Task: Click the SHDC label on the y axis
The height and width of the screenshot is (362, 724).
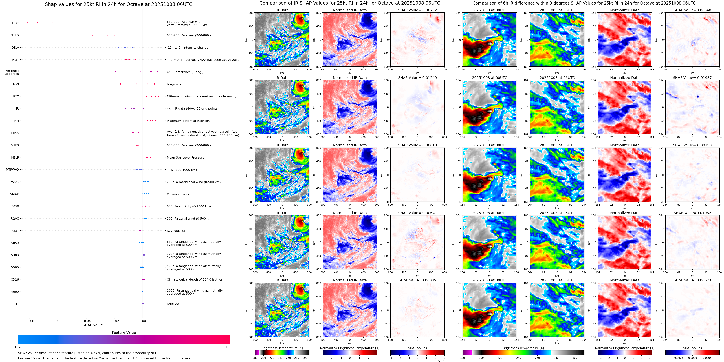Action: (x=15, y=23)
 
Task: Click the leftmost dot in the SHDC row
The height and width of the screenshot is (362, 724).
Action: (x=27, y=23)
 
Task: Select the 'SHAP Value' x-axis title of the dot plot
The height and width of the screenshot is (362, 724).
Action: (x=93, y=325)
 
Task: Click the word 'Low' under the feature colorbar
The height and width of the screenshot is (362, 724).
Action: (x=18, y=347)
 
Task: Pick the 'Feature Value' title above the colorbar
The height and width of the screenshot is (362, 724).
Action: (x=124, y=332)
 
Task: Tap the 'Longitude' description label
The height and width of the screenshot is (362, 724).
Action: (x=174, y=84)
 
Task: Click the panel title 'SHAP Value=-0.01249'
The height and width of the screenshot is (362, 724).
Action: (x=417, y=78)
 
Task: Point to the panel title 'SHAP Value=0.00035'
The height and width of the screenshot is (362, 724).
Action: (x=417, y=280)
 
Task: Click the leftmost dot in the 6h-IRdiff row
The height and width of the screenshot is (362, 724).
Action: (x=115, y=72)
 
